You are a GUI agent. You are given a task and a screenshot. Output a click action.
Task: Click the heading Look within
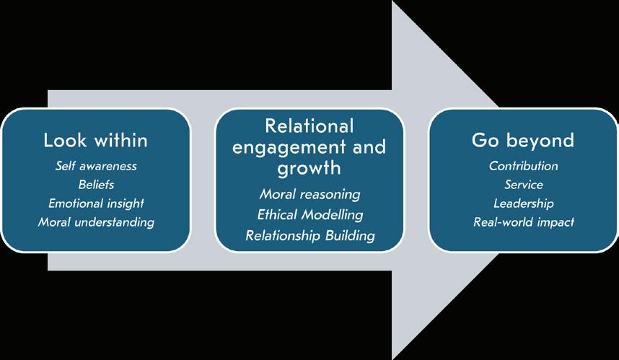(x=96, y=139)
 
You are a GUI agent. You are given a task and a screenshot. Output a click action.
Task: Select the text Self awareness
(x=96, y=166)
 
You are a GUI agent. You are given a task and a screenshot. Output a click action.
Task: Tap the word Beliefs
(x=96, y=185)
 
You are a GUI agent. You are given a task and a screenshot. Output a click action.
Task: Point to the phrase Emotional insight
(x=96, y=203)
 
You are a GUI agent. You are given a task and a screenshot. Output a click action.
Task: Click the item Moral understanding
(x=96, y=222)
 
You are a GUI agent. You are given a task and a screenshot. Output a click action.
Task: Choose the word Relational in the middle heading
(x=309, y=126)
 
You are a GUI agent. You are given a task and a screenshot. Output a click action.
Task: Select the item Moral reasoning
(x=309, y=195)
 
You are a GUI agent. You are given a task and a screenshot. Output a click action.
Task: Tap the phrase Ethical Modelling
(x=309, y=215)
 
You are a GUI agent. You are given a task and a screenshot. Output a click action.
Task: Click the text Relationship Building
(x=309, y=235)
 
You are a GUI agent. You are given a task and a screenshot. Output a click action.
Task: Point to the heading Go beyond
(x=523, y=139)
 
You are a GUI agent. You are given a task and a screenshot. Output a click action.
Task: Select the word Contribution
(x=523, y=166)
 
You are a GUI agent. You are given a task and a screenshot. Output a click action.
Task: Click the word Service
(x=523, y=185)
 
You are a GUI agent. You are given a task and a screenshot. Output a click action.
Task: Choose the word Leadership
(x=523, y=203)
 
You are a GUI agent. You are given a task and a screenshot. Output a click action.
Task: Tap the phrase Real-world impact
(x=523, y=222)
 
